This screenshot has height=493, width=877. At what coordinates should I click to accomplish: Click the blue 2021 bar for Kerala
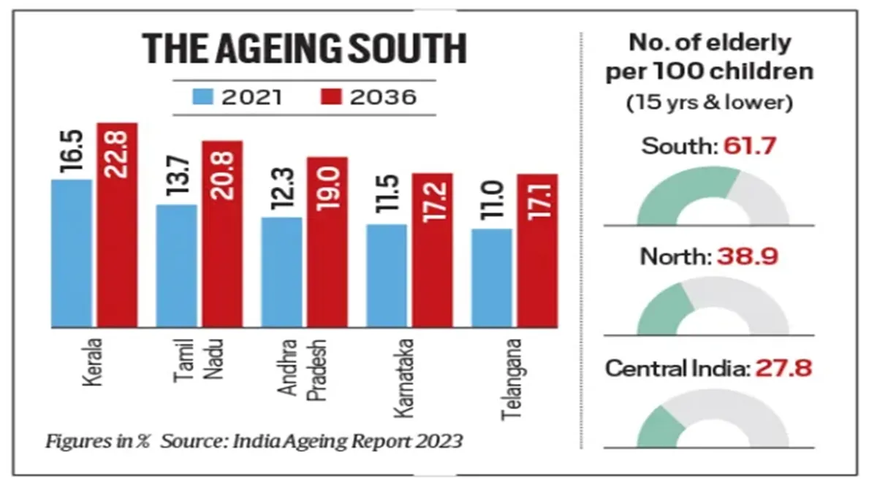71,253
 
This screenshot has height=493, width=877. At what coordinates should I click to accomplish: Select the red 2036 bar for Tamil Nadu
222,234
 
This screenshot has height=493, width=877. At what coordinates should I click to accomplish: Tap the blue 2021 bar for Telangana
492,278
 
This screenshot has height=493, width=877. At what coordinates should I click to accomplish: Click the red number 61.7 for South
748,147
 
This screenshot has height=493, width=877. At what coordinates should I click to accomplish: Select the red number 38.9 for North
747,256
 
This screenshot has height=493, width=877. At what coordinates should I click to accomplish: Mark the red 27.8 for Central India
789,368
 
